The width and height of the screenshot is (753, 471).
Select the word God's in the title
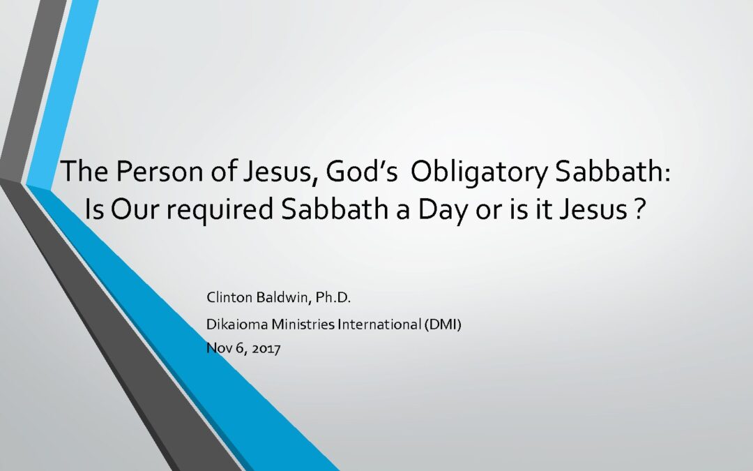pyautogui.click(x=362, y=171)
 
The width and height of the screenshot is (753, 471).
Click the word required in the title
pyautogui.click(x=220, y=209)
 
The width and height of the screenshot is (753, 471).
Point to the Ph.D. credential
pyautogui.click(x=333, y=297)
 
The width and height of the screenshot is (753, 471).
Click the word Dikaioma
pyautogui.click(x=237, y=324)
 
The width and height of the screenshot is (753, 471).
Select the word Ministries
pyautogui.click(x=303, y=324)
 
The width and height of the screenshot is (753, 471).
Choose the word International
pyautogui.click(x=379, y=324)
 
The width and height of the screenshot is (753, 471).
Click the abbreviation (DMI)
pyautogui.click(x=443, y=325)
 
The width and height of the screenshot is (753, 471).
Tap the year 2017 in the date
pyautogui.click(x=266, y=348)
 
